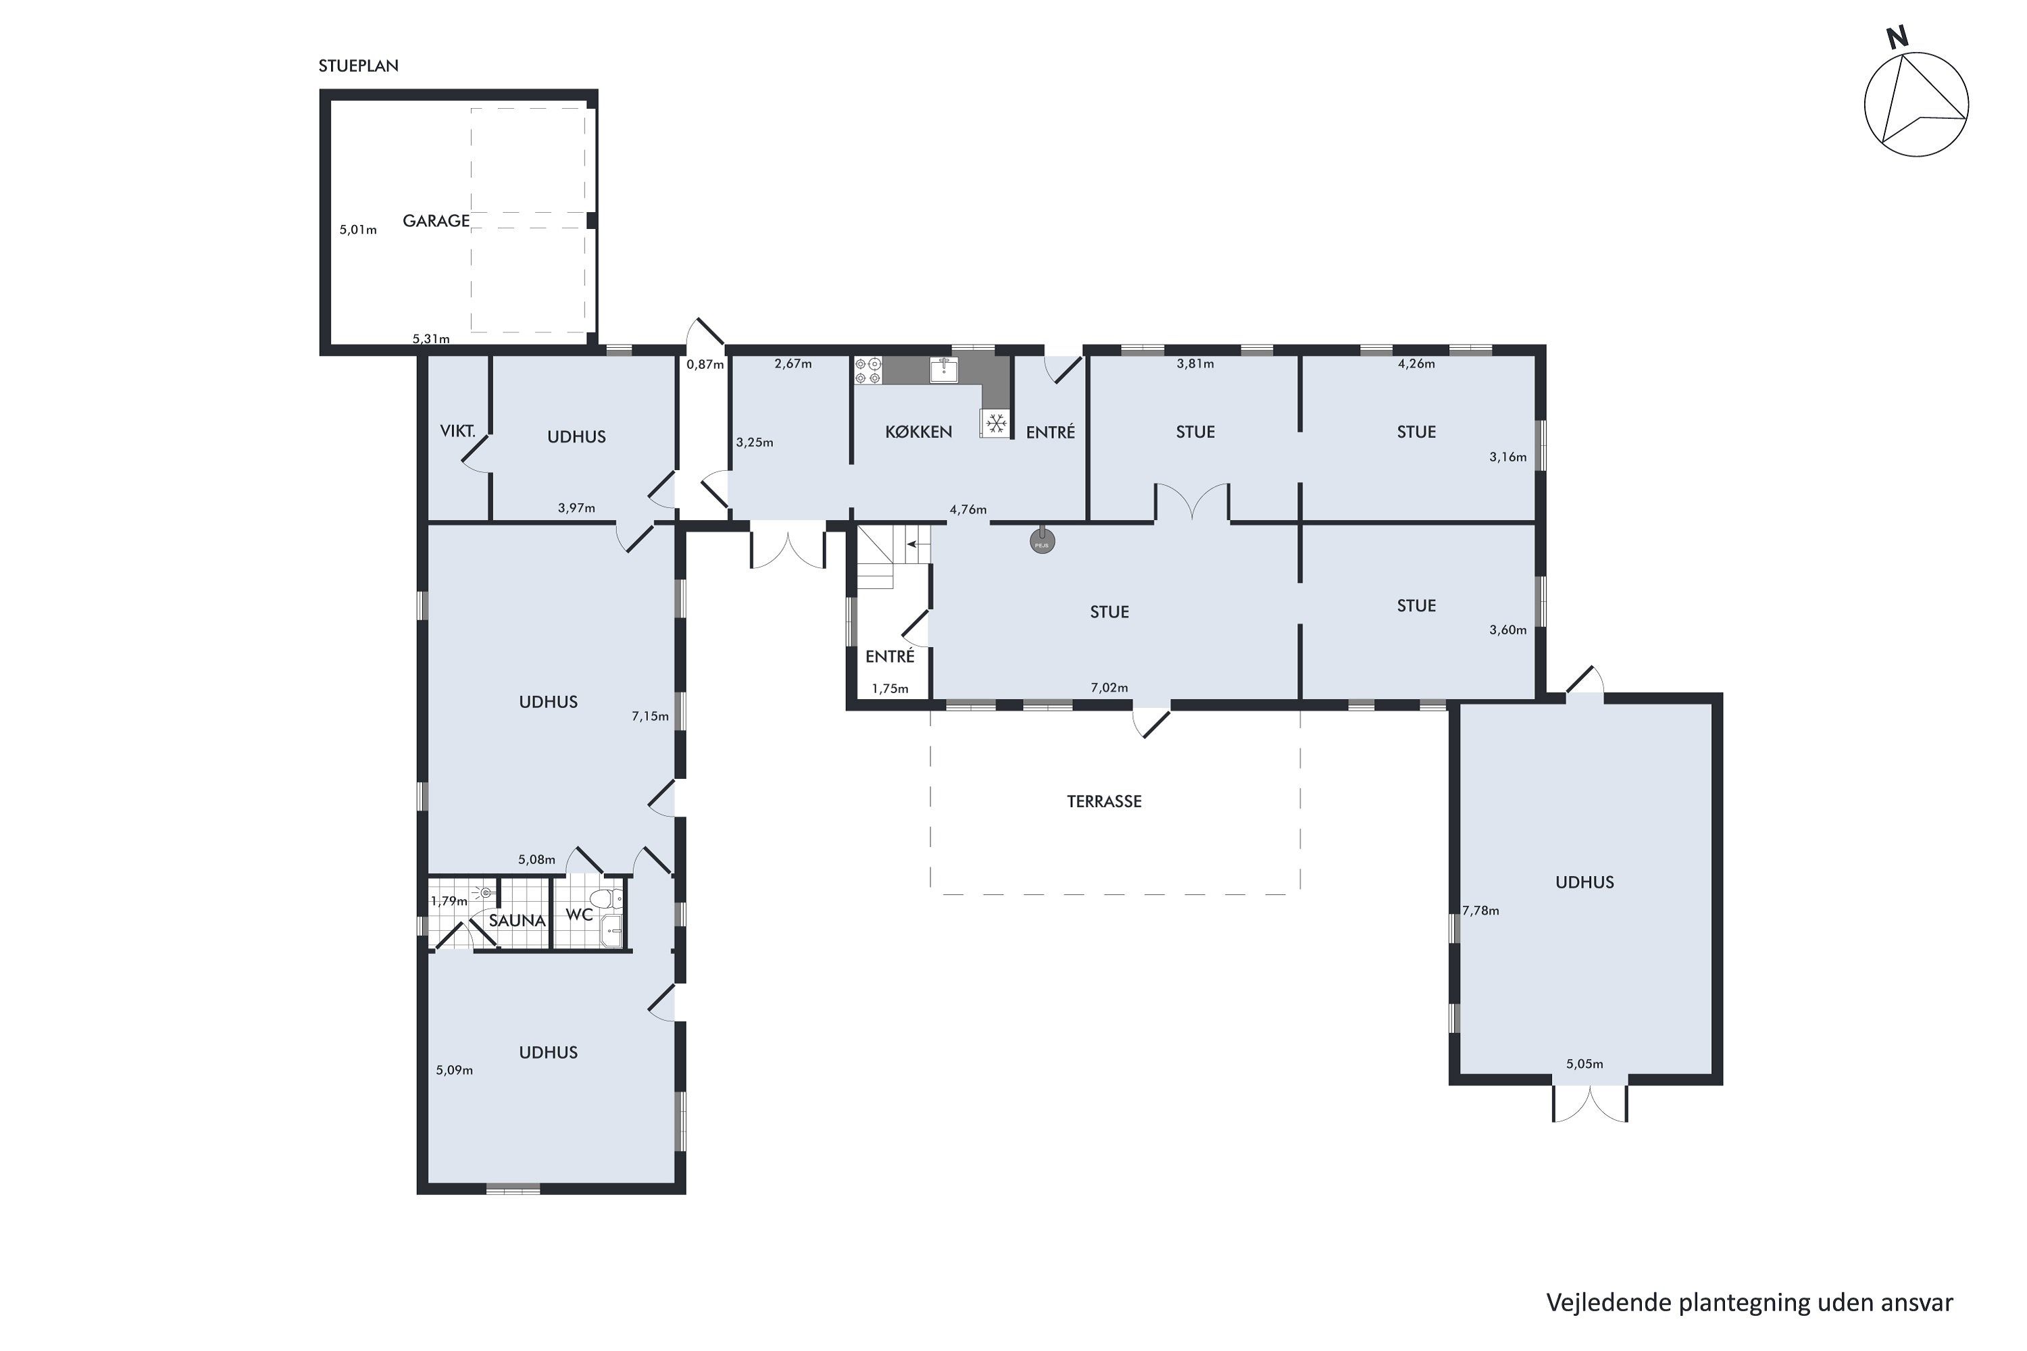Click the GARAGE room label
click(x=436, y=221)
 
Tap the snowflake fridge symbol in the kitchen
click(x=996, y=422)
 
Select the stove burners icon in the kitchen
click(x=868, y=370)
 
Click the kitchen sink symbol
click(x=944, y=370)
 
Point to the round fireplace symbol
click(x=1042, y=540)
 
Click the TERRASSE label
click(x=1104, y=801)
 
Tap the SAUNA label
click(x=517, y=920)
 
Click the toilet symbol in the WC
click(x=611, y=898)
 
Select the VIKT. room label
click(x=457, y=431)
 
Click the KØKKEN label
click(x=919, y=432)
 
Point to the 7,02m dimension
click(x=1109, y=688)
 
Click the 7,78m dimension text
click(x=1480, y=910)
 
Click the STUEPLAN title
click(x=359, y=66)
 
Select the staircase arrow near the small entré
click(x=918, y=544)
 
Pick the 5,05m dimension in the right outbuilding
click(x=1585, y=1063)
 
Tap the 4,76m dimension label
click(x=968, y=509)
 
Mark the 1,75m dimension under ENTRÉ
click(x=891, y=688)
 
